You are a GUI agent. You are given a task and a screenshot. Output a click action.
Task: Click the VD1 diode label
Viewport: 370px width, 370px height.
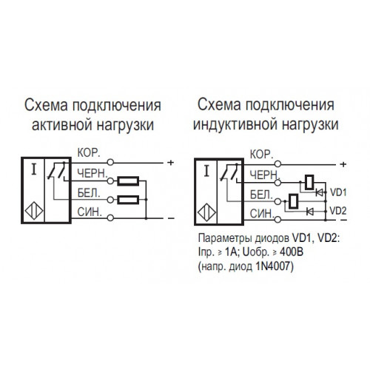tap(338, 192)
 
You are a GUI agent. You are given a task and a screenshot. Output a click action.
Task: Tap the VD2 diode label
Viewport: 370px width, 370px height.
tap(338, 211)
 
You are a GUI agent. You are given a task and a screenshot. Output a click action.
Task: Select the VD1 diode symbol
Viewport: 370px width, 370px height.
tap(320, 192)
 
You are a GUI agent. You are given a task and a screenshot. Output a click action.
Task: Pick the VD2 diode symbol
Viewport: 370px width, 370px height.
tap(309, 211)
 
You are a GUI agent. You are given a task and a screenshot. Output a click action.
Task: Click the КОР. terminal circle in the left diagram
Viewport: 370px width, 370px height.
tap(110, 162)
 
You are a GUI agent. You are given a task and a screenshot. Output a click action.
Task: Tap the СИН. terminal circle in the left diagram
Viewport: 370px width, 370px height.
tap(110, 218)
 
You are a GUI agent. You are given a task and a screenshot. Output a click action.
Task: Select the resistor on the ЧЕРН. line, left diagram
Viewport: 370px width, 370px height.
tap(128, 181)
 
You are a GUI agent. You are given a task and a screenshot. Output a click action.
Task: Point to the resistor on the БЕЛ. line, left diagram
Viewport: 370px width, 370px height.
tap(128, 200)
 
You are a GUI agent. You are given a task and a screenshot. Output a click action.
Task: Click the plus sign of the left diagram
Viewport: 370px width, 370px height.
tap(171, 163)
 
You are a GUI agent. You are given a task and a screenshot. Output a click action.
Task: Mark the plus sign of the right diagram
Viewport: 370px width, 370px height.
tap(343, 164)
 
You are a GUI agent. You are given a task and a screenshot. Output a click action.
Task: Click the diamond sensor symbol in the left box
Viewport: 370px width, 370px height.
tap(34, 211)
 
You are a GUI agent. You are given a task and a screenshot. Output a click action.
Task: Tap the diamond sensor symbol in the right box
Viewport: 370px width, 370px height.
tap(207, 212)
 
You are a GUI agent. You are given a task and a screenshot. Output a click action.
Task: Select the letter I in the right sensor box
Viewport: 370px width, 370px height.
tap(206, 171)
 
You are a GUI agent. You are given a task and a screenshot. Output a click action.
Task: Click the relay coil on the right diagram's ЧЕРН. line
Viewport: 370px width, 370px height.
tap(309, 182)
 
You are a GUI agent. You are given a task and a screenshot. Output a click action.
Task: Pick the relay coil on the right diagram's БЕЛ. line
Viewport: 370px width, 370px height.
tap(294, 201)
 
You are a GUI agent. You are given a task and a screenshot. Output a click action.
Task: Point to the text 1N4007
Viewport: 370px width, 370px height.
tap(274, 266)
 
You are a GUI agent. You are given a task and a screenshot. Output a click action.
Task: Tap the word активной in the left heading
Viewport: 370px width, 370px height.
tap(62, 125)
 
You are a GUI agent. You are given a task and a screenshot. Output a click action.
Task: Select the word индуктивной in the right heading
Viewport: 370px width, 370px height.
tap(235, 124)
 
